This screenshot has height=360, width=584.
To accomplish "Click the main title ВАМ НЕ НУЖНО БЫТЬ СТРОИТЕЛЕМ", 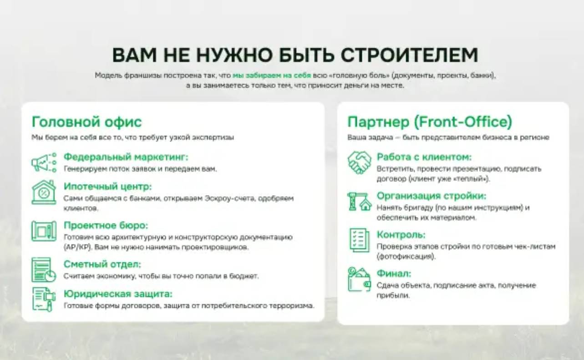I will [x=295, y=55].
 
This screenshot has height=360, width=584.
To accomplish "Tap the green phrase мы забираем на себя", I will [x=271, y=76].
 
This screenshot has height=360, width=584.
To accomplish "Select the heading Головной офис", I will [x=86, y=122].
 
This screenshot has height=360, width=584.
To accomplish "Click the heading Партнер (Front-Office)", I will [x=430, y=122].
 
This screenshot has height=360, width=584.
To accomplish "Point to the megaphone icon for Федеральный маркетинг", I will [x=44, y=162].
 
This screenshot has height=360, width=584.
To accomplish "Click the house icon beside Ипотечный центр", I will [x=44, y=192].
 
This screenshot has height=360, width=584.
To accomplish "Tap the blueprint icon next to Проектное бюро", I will [x=44, y=231].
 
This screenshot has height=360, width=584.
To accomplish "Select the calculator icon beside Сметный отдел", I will [x=44, y=269].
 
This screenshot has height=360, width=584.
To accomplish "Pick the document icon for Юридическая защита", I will [x=44, y=299].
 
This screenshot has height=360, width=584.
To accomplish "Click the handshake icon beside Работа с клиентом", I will [x=359, y=162].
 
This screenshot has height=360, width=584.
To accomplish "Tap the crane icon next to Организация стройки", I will [x=359, y=201].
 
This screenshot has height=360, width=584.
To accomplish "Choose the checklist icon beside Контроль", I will [x=359, y=240].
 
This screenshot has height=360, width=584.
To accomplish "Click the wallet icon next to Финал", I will [x=359, y=279].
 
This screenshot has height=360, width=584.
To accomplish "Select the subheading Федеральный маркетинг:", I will [x=126, y=157].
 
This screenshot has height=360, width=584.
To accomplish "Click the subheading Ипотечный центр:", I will [x=107, y=187].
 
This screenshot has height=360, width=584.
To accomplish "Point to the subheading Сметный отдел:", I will [x=102, y=264].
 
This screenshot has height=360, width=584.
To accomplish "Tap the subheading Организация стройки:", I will [x=432, y=196].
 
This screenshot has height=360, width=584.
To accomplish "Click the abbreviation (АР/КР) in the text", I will [x=76, y=248].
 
